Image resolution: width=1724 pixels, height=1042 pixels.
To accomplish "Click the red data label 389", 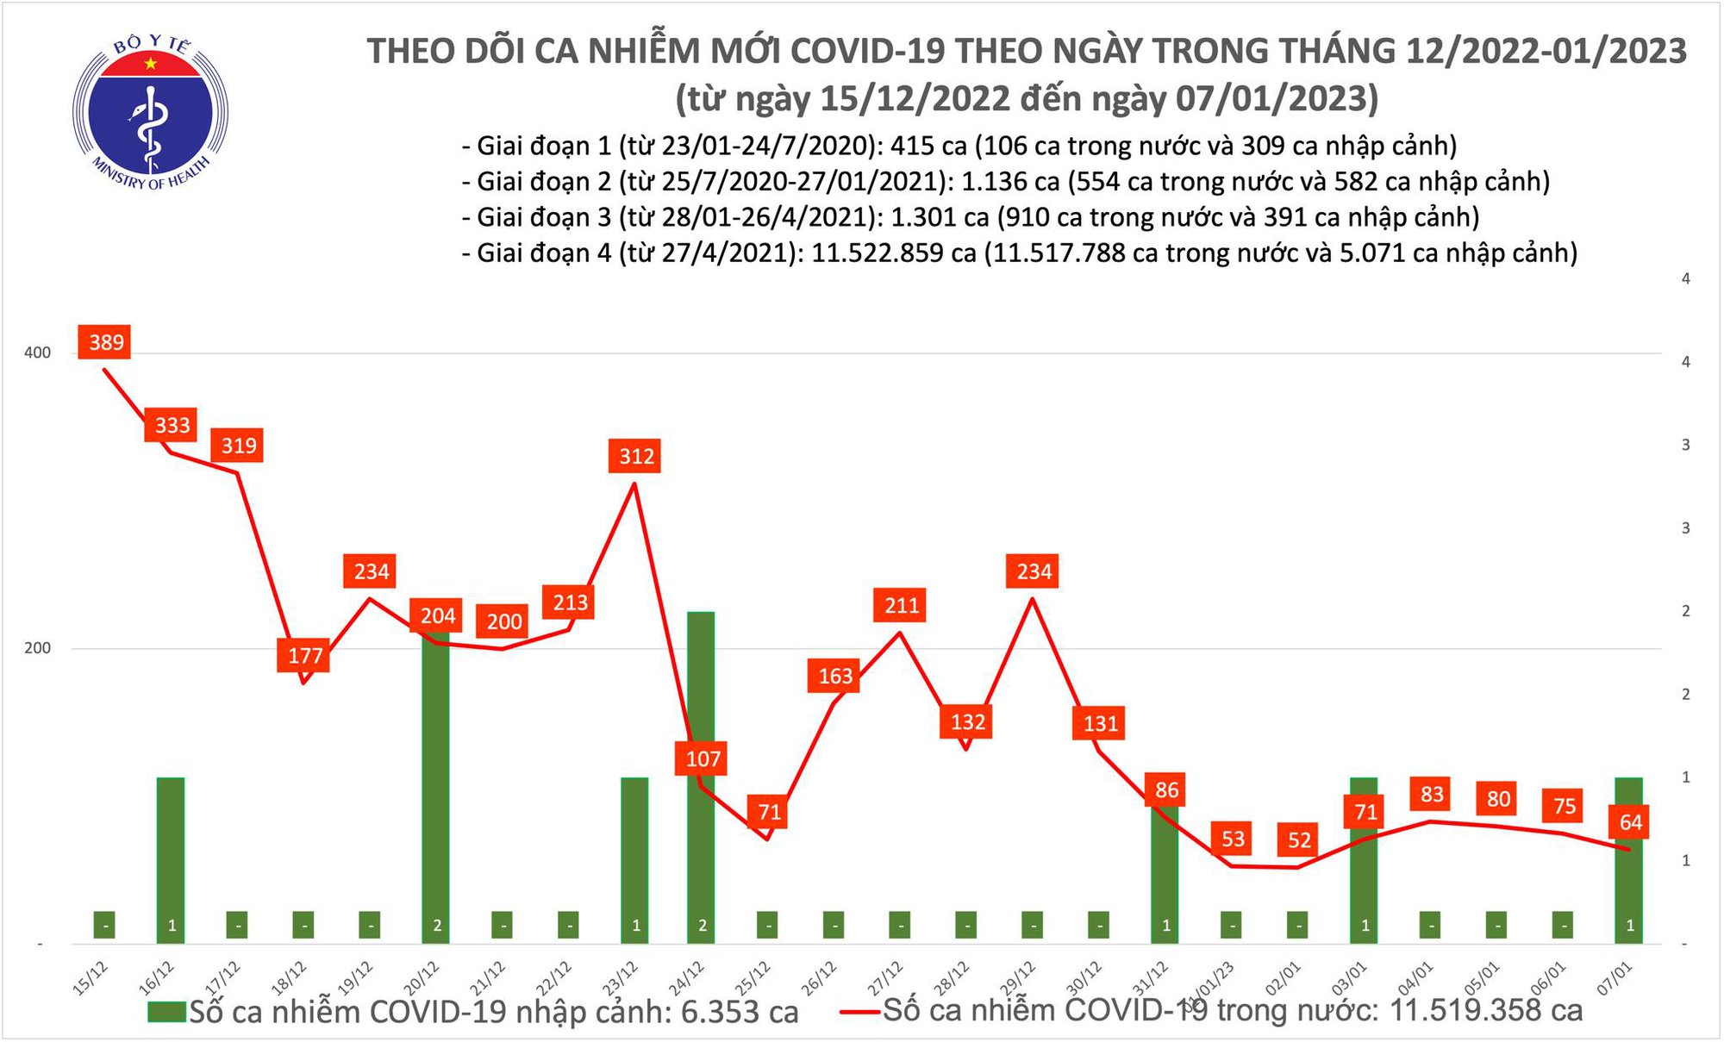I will point(106,342).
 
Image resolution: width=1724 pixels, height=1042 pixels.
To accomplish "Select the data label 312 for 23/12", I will point(636,456).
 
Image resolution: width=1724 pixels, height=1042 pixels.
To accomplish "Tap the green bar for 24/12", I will point(701,776).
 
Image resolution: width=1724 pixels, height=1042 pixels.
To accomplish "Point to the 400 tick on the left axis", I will point(37,353).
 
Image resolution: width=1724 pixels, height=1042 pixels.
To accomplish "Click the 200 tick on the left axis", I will point(37,648).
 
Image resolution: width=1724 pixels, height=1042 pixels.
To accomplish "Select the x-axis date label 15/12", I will point(90,979).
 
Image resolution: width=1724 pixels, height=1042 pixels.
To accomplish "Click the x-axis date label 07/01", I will point(1614,979).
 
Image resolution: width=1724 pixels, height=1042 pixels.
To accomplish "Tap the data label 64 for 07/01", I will point(1630,821).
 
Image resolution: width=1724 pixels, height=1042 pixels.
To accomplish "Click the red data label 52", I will point(1299,839).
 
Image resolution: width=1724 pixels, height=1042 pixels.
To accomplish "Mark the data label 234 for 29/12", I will point(1034,571).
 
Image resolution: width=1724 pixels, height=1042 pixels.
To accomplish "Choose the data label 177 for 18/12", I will point(304,656).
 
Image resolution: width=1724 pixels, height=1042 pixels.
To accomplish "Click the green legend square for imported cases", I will point(166,1012).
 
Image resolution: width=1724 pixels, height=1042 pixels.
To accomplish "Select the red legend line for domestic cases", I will point(859,1012).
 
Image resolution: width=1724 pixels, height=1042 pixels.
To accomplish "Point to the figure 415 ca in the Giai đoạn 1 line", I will point(928,146).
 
